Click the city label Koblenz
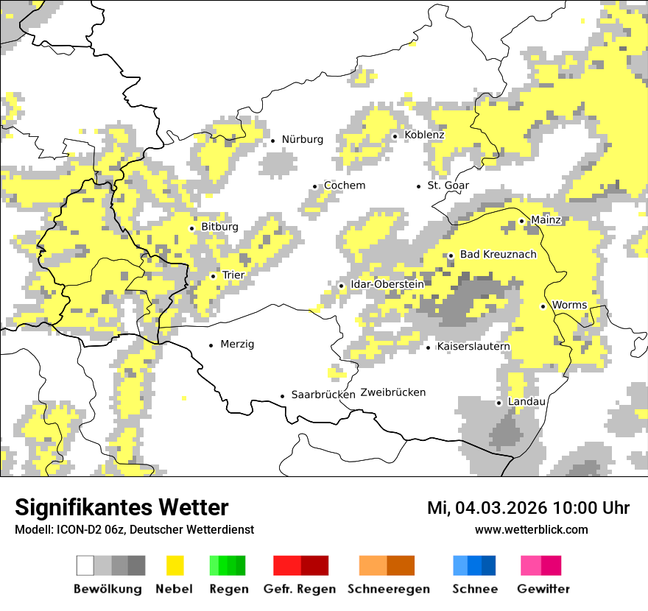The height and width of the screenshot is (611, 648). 424,135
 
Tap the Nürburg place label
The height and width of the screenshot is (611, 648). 302,139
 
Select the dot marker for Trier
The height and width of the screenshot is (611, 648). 214,276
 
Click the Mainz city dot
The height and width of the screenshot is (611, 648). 521,221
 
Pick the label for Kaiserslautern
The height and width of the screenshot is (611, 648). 473,346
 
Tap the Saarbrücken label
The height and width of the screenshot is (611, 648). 323,395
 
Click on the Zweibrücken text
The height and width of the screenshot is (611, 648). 393,392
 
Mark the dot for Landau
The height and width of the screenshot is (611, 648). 499,403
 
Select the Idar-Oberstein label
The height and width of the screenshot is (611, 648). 387,284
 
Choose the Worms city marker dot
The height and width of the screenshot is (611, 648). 543,306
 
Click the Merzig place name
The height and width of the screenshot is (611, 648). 237,344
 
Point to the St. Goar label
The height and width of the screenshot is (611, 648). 448,186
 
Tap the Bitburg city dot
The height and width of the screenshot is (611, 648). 192,228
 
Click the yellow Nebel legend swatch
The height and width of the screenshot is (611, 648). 175,565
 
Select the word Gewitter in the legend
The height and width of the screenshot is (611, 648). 543,589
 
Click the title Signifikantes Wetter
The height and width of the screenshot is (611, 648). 121,507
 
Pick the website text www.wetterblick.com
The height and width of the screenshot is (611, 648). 531,529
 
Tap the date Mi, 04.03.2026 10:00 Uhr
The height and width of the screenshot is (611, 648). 528,508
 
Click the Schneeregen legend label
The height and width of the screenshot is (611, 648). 388,589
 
